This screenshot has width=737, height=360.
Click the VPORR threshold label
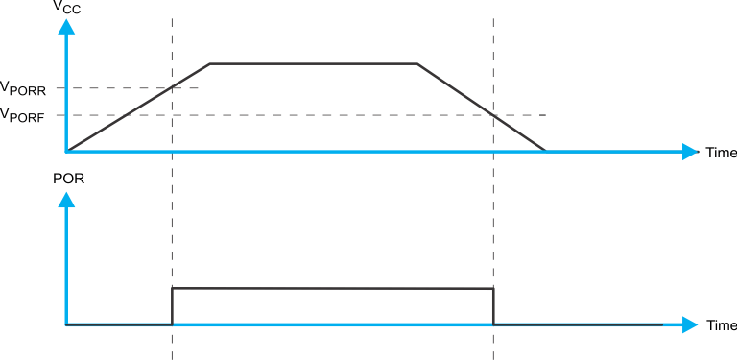coord(30,89)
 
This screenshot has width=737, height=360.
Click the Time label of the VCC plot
coord(721,153)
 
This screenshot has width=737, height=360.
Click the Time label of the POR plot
coord(721,326)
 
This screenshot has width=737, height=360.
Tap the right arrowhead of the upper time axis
coord(690,152)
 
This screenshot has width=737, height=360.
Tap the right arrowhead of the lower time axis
coord(690,325)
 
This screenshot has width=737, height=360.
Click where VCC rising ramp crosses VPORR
coord(172,88)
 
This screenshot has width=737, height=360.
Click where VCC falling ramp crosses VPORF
coord(493,115)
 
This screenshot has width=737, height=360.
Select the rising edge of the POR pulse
coord(172,306)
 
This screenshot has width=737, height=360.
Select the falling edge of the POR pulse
coord(493,307)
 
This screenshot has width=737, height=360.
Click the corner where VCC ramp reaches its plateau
coord(210,63)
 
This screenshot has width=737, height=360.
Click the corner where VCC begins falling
coord(417,63)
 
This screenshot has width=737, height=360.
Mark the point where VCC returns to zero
coord(546,151)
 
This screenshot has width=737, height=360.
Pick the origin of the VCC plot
coord(66,152)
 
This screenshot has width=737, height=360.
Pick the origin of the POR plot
coord(66,325)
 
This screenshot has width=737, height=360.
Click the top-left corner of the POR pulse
coord(172,288)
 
